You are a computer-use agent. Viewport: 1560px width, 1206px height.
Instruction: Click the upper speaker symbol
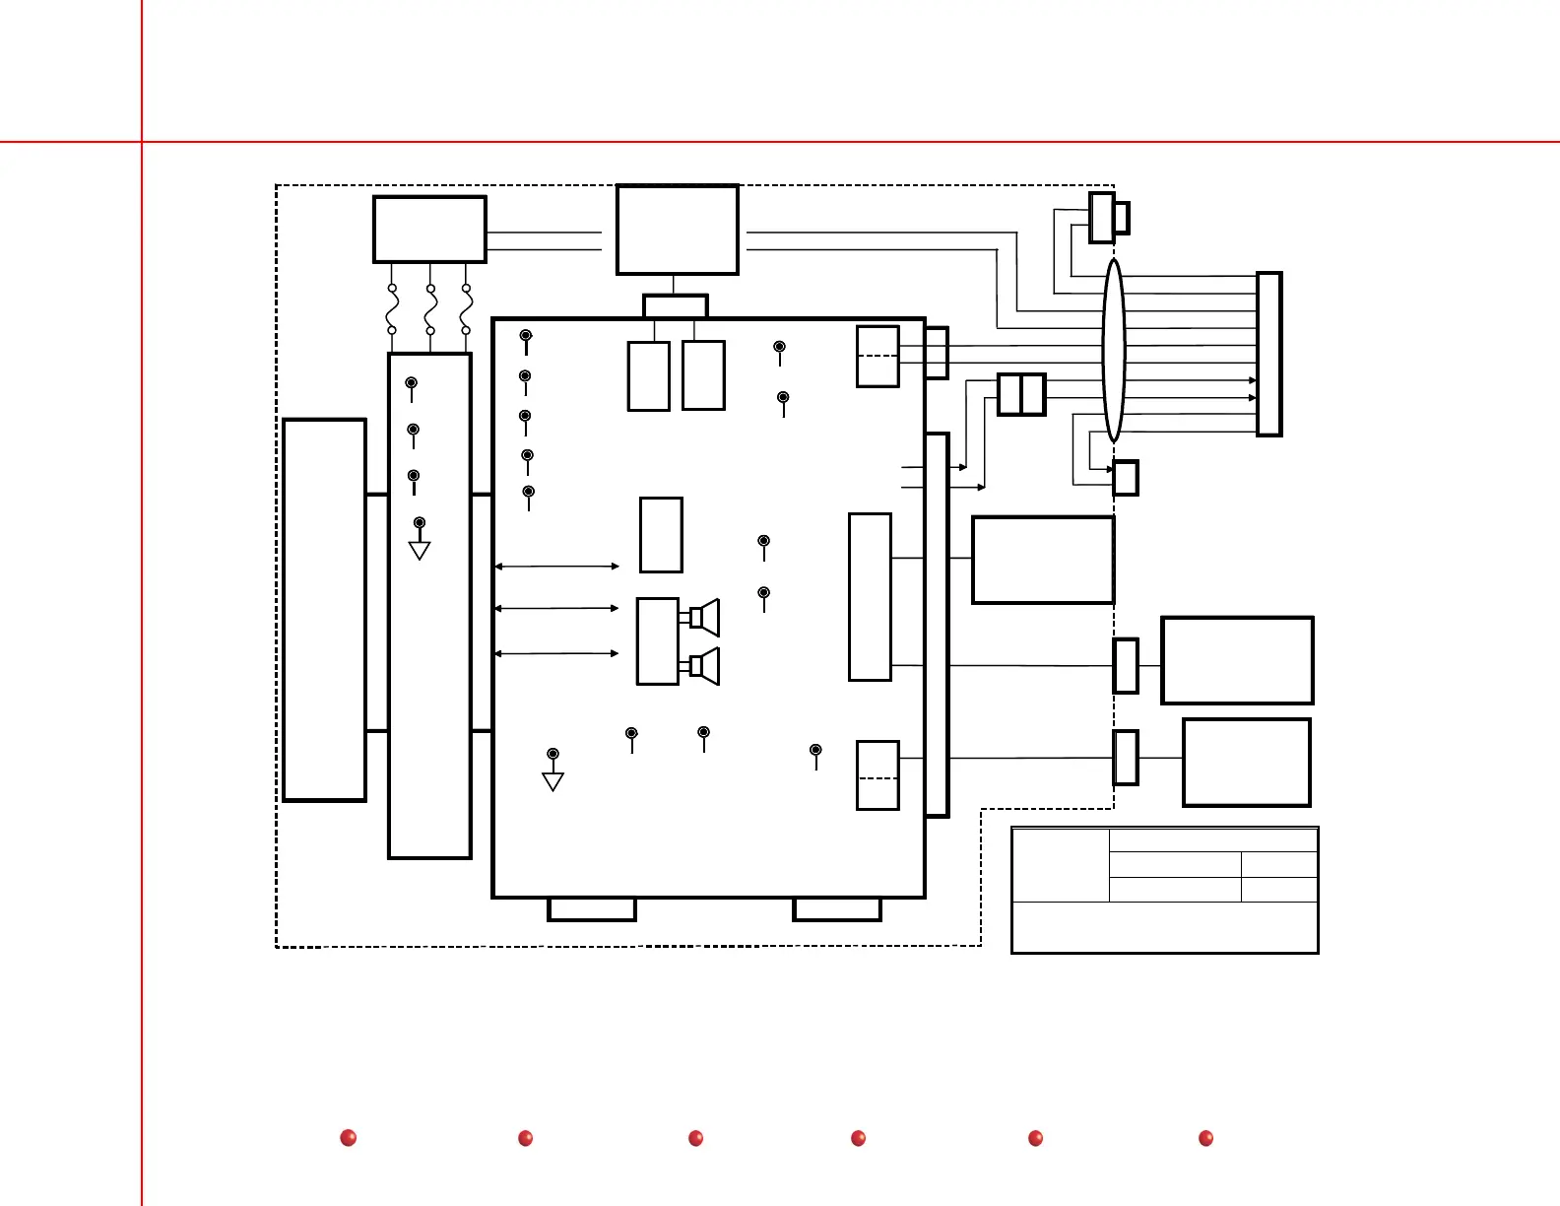[705, 618]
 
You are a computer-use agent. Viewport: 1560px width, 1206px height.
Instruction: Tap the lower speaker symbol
[705, 666]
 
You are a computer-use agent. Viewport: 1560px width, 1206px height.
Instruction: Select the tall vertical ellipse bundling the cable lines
[1113, 350]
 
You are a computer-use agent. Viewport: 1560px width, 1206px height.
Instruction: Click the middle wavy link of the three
[430, 309]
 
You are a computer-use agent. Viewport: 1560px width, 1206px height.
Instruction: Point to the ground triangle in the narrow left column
[420, 551]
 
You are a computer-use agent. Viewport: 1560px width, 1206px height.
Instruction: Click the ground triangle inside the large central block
[552, 781]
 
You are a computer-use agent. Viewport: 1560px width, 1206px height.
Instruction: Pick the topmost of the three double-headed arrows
[556, 567]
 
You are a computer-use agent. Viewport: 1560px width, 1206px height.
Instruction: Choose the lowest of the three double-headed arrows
[556, 653]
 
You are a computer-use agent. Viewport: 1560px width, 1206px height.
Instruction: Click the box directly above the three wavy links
[429, 230]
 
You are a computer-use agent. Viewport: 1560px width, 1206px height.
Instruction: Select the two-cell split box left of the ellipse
[1021, 394]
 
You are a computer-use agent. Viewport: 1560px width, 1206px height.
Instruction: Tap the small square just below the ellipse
[1126, 478]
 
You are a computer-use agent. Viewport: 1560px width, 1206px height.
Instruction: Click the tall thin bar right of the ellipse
[1269, 354]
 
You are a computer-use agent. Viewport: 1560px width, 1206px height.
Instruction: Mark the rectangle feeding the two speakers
[658, 640]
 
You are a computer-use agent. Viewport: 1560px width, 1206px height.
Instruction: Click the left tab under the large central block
[592, 909]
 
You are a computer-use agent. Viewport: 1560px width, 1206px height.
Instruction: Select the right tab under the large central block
[837, 909]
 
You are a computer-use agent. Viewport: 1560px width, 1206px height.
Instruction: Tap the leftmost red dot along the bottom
[348, 1138]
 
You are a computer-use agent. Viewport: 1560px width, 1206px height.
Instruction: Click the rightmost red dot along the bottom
[1205, 1138]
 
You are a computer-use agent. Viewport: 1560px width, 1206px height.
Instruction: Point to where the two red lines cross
[142, 142]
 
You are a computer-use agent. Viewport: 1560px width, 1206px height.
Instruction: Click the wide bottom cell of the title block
[1165, 927]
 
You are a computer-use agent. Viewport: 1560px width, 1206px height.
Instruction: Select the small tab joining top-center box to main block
[676, 306]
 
